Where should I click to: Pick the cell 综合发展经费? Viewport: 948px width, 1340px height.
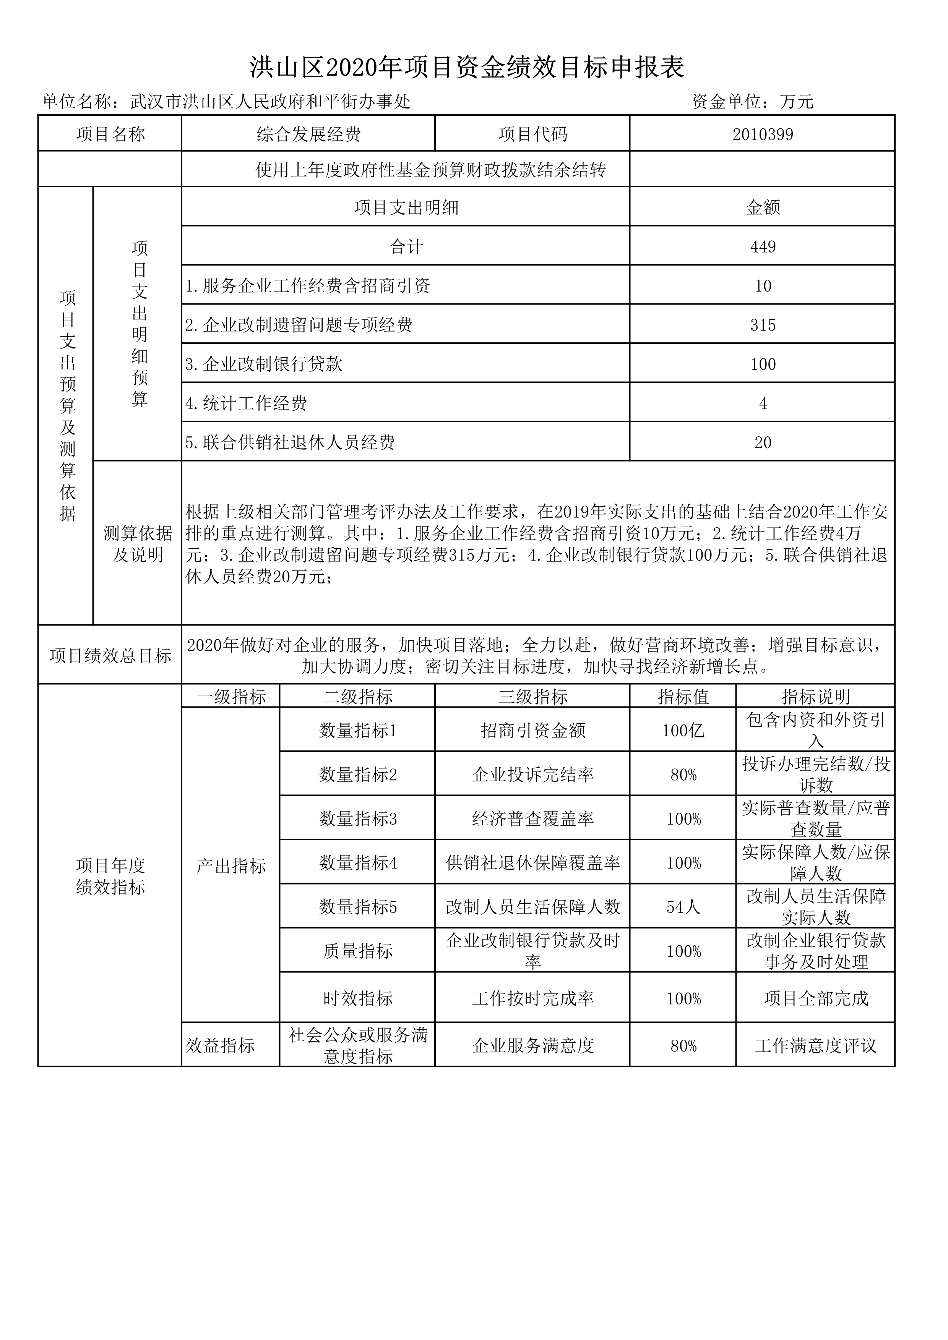(309, 135)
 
